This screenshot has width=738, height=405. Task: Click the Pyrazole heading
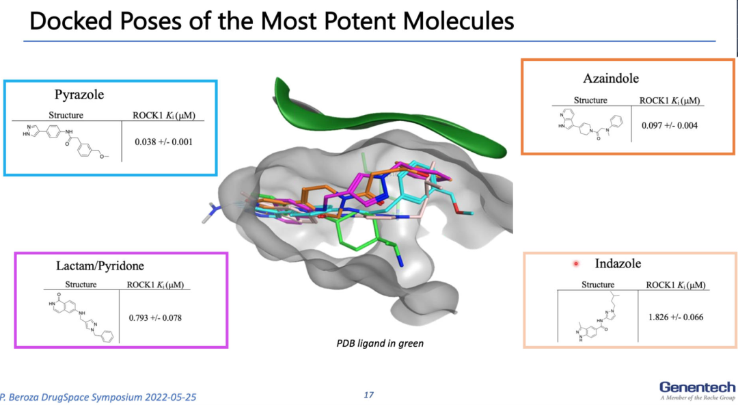(x=79, y=95)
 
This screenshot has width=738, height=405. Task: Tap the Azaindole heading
(x=611, y=78)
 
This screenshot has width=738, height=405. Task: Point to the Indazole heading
(x=618, y=263)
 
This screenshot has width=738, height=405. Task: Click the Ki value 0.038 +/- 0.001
(x=164, y=142)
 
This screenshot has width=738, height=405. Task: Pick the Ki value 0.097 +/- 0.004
(x=669, y=126)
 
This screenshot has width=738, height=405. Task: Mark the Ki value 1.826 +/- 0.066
(x=676, y=317)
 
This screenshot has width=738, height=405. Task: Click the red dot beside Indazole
(x=576, y=263)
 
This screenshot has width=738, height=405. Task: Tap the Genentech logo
(x=697, y=388)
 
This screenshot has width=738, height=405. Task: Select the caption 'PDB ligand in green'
(x=380, y=343)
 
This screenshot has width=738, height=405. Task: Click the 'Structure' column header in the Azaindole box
(x=590, y=101)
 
